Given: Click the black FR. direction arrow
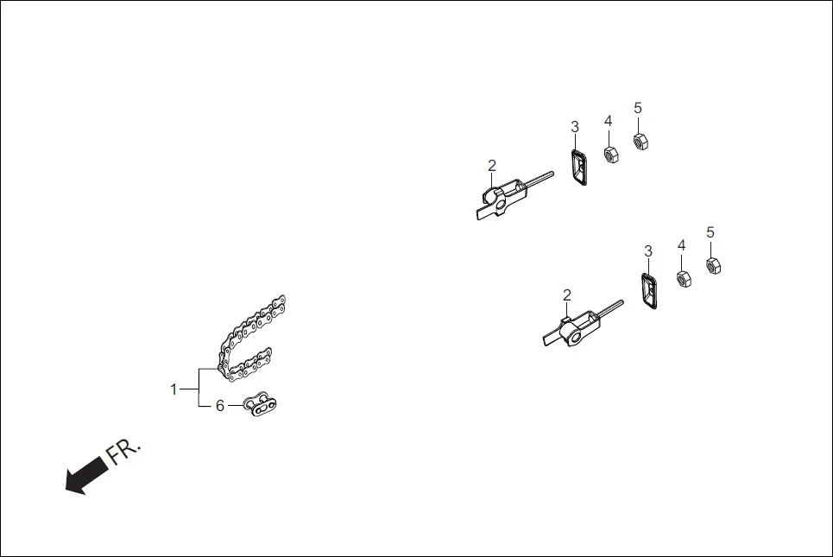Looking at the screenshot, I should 86,476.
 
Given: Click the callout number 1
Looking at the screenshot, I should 174,389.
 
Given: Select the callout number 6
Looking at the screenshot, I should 219,406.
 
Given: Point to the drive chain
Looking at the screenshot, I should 250,341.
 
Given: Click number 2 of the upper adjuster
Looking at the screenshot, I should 492,165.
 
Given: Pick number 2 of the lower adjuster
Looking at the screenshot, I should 567,294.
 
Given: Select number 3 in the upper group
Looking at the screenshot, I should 575,127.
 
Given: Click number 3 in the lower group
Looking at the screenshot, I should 648,251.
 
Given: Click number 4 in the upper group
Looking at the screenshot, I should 609,120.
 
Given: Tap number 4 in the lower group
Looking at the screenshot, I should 681,245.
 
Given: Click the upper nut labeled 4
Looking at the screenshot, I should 609,155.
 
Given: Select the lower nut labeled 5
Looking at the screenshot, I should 712,266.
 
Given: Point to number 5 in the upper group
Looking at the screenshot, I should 638,108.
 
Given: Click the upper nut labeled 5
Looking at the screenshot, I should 640,140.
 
